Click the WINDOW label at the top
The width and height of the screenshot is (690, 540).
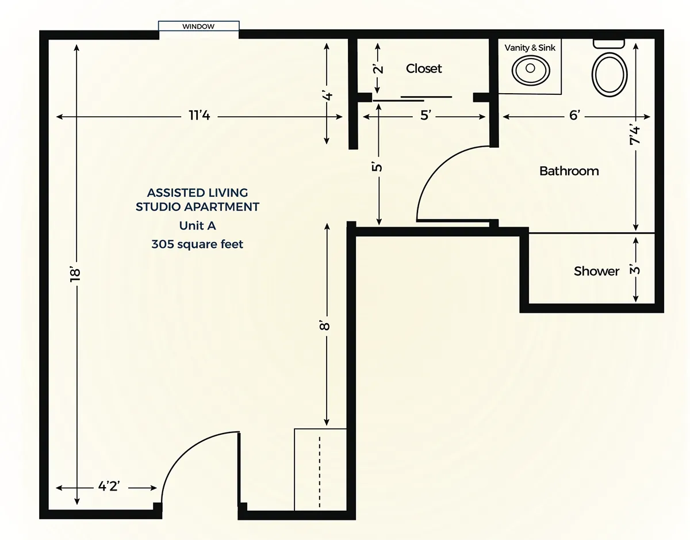click(x=198, y=26)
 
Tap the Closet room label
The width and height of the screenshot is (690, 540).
click(x=424, y=68)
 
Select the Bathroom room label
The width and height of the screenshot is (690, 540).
click(x=569, y=171)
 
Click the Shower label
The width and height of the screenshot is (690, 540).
click(x=596, y=271)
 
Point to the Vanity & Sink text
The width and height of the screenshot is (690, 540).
click(x=530, y=48)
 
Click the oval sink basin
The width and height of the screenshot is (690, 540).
click(x=531, y=70)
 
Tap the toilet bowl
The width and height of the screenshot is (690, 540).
click(x=609, y=75)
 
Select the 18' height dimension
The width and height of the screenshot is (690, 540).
click(x=75, y=275)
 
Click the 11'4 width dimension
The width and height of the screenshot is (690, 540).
click(x=199, y=116)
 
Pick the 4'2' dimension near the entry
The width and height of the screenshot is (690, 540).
click(x=109, y=486)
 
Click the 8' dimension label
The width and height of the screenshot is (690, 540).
click(x=325, y=325)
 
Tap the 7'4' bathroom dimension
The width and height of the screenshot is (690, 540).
click(x=634, y=135)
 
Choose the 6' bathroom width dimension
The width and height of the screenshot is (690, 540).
click(x=574, y=115)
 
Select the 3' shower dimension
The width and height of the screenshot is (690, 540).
click(x=635, y=270)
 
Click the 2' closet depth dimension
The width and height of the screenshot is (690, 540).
click(x=378, y=69)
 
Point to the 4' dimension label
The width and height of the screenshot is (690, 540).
click(x=327, y=95)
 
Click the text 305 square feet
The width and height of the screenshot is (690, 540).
click(x=197, y=244)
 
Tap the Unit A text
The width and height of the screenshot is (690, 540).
click(x=197, y=225)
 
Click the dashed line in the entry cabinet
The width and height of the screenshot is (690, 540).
click(x=320, y=472)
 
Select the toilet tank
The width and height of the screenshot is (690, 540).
click(x=609, y=44)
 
